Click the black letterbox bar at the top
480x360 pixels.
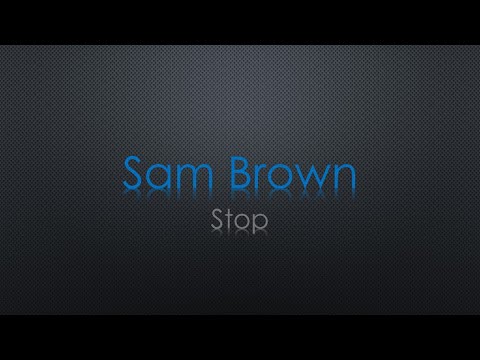pyautogui.click(x=240, y=22)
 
